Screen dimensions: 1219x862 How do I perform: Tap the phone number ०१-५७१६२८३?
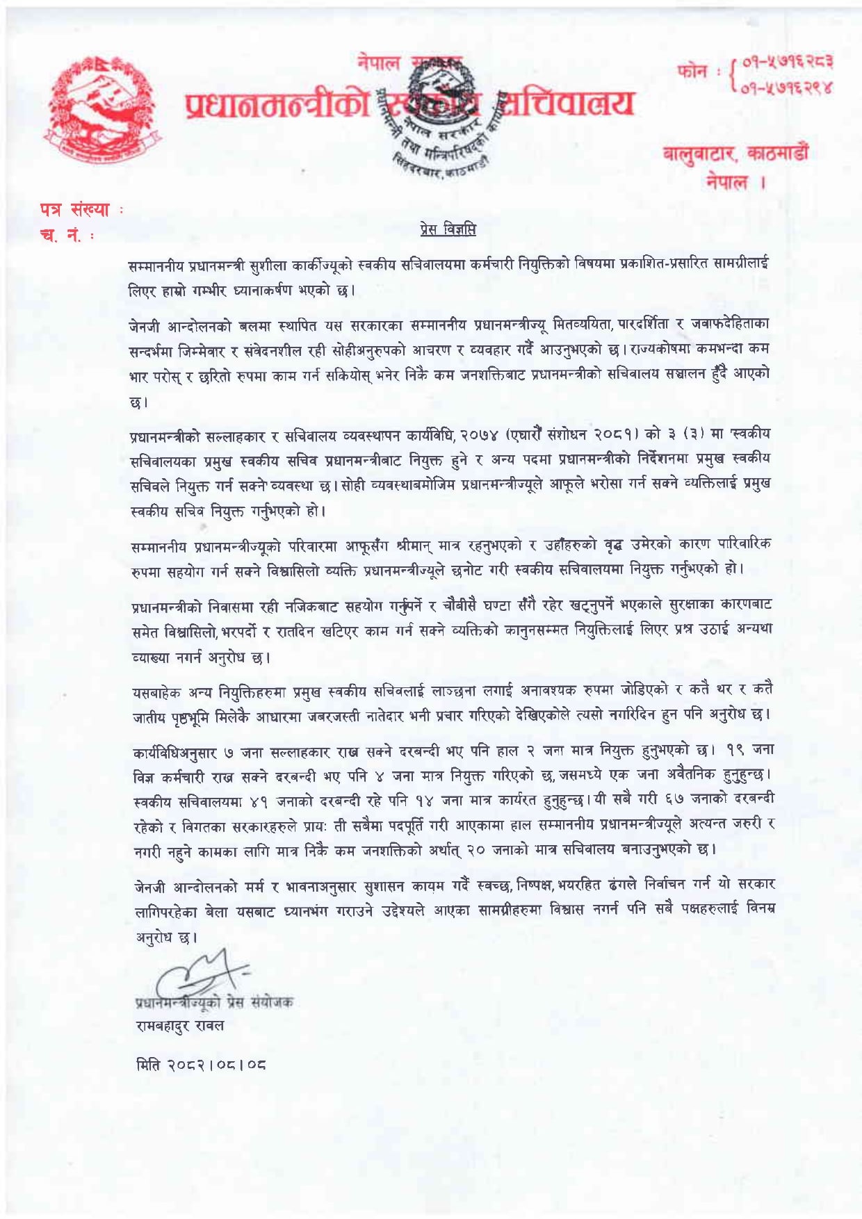point(788,63)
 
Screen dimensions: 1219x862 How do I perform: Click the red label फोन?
point(692,72)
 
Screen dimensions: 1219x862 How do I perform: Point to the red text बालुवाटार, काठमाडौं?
point(735,153)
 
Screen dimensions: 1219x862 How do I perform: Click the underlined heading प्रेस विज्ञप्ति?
point(448,229)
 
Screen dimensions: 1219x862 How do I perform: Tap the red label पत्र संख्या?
point(75,209)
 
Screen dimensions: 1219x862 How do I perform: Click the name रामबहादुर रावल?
point(180,1025)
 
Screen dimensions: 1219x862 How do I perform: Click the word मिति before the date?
point(148,1064)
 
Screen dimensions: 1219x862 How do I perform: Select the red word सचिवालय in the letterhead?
point(564,104)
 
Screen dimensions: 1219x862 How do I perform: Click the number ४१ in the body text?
point(259,801)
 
